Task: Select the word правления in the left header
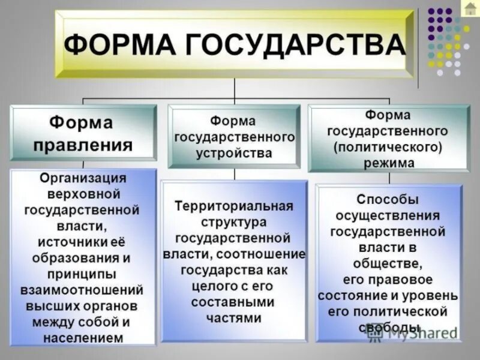[91, 145]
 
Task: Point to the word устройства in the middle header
[234, 152]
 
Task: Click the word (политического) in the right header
[388, 146]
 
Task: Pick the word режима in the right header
[388, 162]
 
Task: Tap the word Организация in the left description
[83, 179]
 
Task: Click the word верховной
[83, 194]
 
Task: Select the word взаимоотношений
[83, 290]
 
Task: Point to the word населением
[83, 338]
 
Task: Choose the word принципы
[83, 274]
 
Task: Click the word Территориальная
[234, 206]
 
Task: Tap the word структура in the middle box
[234, 222]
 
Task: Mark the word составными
[234, 302]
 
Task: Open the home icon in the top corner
[470, 8]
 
